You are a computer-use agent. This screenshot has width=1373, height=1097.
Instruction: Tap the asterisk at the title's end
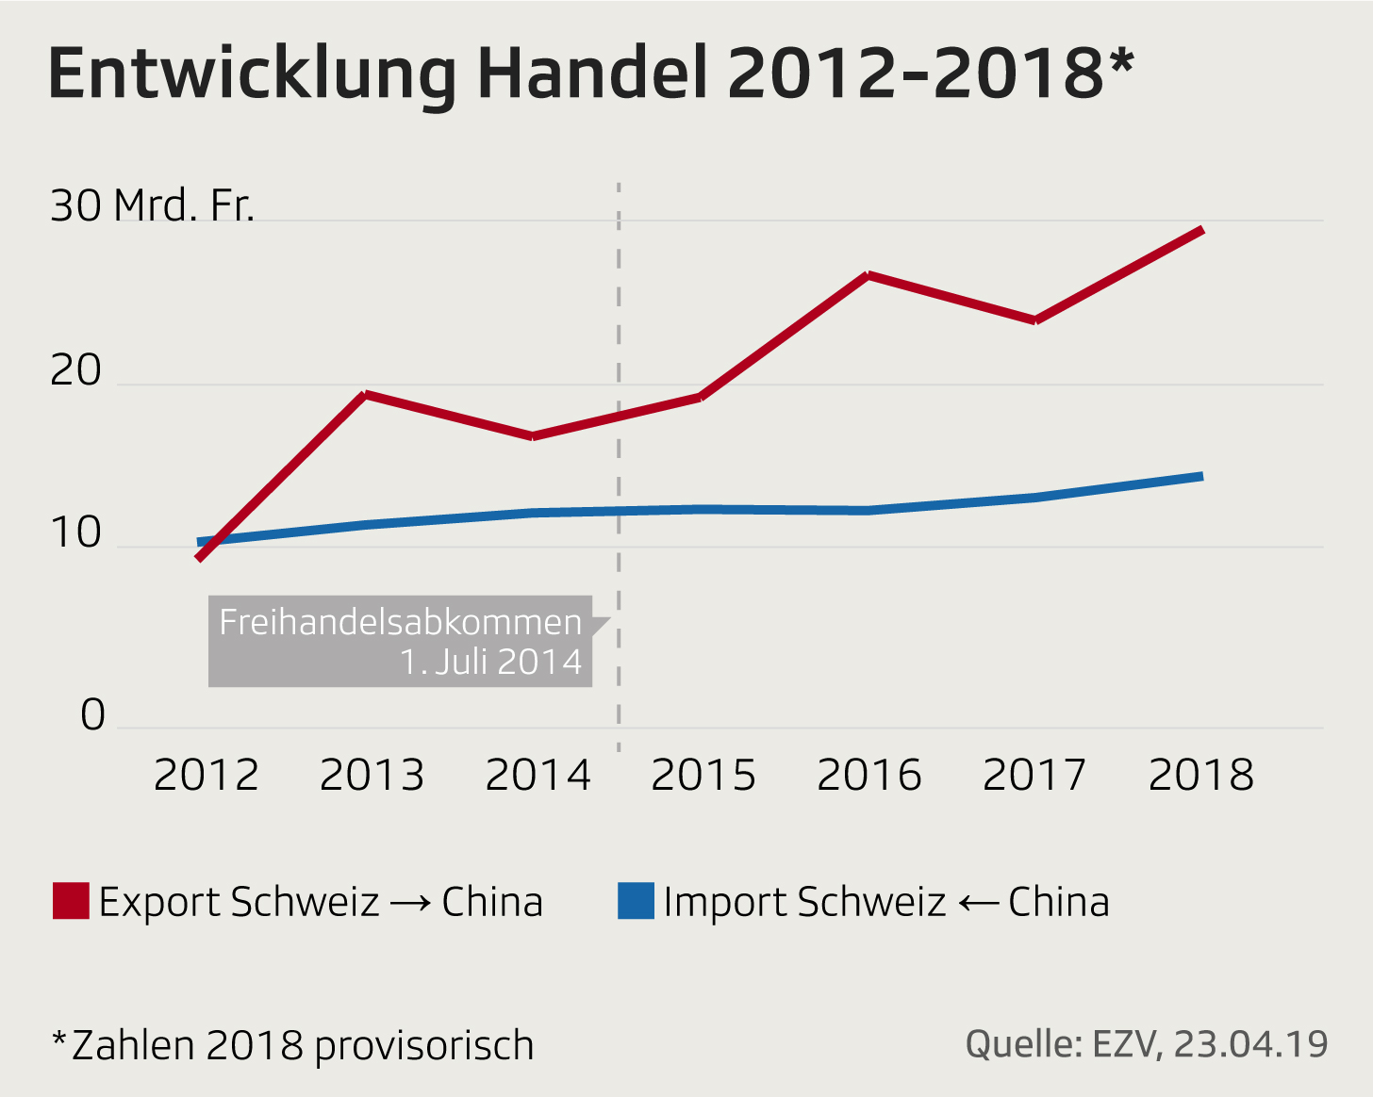pos(1120,64)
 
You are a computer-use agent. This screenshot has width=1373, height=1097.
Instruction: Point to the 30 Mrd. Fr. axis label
pos(152,205)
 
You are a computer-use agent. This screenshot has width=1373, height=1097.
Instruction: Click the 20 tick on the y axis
pos(75,370)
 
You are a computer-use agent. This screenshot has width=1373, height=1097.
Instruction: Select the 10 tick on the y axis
pos(75,532)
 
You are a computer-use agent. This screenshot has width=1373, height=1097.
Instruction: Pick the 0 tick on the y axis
pos(92,715)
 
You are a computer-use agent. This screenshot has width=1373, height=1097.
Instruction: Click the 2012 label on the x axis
pos(206,776)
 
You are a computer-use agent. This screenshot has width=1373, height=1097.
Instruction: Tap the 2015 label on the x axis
pos(703,776)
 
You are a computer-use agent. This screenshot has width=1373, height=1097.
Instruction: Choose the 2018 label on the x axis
pos(1200,776)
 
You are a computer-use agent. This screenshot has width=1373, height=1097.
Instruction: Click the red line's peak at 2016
pos(868,275)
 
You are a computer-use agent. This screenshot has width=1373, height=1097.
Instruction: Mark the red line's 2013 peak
pos(366,394)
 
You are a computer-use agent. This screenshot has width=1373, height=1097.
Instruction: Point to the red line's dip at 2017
pos(1035,320)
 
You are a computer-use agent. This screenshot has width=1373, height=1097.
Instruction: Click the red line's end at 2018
pos(1200,230)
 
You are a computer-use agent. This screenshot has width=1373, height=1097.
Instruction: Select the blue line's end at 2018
pos(1200,476)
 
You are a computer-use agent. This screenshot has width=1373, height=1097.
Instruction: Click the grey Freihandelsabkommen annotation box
pos(400,641)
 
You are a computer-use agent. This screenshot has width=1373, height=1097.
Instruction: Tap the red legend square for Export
pos(71,901)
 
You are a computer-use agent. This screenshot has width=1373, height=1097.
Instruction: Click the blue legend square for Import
pos(636,901)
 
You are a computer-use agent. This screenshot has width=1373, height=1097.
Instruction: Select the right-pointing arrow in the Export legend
pos(410,903)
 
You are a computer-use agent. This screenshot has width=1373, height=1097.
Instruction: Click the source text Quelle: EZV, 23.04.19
pos(1147,1044)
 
